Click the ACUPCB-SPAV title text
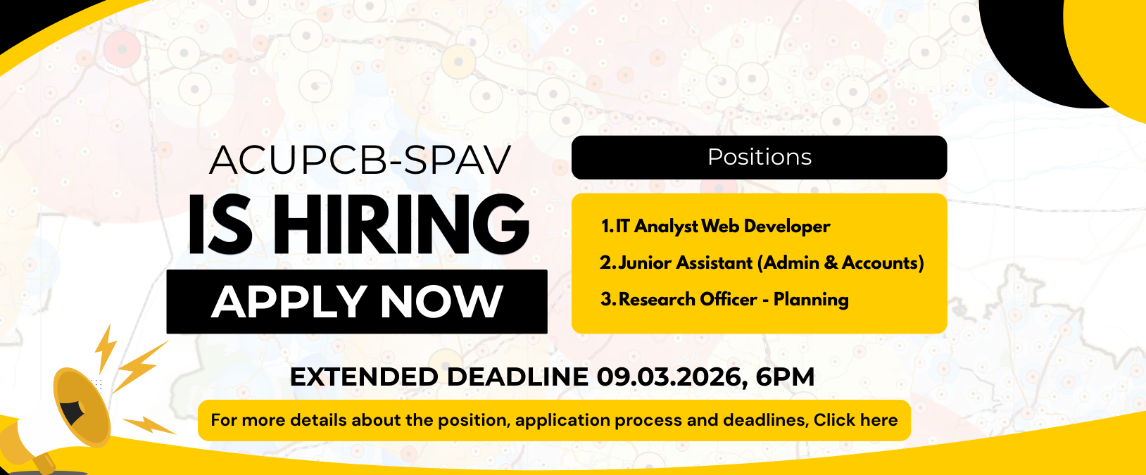click(360, 160)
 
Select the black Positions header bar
click(760, 158)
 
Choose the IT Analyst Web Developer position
click(715, 226)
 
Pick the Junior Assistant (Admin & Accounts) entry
click(762, 262)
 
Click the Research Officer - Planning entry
click(724, 299)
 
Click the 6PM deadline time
click(785, 377)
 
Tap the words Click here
click(855, 420)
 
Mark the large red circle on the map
click(122, 49)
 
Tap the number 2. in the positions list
click(607, 262)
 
